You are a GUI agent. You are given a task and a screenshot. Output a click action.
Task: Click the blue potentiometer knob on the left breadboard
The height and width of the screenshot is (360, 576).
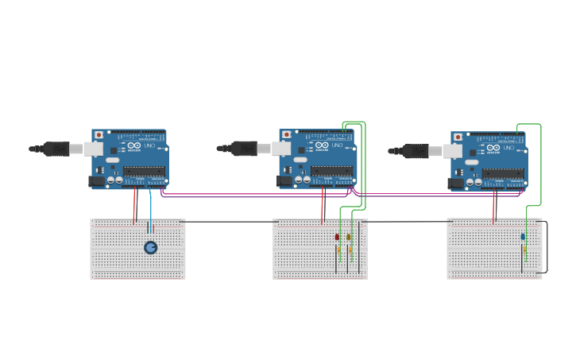[150, 247]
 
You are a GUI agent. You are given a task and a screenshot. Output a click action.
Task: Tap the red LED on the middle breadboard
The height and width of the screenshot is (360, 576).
[337, 237]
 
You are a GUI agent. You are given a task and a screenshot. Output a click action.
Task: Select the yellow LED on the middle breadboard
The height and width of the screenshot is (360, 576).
[348, 237]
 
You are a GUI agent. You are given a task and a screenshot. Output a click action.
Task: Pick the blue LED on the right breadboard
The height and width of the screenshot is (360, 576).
[523, 237]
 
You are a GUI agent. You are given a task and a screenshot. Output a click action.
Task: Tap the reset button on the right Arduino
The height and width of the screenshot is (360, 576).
[458, 137]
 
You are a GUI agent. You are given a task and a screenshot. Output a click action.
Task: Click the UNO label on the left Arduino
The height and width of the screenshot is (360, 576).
[150, 145]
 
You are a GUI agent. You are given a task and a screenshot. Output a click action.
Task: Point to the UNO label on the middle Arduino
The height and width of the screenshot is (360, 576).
[338, 145]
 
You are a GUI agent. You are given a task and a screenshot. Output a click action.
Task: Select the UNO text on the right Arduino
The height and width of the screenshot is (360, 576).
[509, 148]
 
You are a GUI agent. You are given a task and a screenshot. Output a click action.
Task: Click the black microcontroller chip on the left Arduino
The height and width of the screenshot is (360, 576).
[144, 171]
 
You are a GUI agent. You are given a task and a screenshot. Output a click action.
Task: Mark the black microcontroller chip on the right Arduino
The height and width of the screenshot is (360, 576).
[503, 173]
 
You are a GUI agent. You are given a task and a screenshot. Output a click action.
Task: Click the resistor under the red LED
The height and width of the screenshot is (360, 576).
[338, 250]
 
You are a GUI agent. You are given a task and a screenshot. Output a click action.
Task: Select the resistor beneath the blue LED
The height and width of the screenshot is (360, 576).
[524, 250]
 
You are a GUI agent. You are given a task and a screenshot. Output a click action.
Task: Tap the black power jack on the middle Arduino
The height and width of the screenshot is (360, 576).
[284, 181]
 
